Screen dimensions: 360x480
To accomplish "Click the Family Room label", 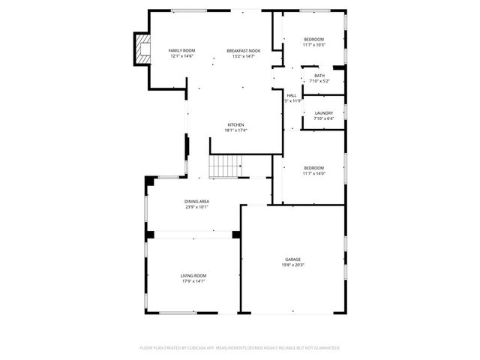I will pos(181,50).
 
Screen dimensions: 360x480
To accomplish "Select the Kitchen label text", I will pos(235,124).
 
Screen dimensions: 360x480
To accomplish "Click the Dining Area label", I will pos(196,201).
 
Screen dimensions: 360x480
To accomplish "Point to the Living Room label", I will pos(193,275).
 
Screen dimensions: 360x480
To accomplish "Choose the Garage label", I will pos(292,259).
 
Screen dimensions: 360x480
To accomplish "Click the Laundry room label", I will pos(323,113).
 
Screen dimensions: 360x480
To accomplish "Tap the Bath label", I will pos(319,76).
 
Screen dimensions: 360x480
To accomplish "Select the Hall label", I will pos(292,95).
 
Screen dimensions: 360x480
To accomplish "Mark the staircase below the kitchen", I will pos(224,166).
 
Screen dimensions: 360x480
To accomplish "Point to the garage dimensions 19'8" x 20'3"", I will pos(292,265).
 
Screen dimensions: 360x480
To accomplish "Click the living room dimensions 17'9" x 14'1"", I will pos(193,281).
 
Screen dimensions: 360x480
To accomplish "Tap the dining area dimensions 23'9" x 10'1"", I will pos(196,207).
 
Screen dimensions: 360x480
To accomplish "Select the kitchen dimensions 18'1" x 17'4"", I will pos(235,130).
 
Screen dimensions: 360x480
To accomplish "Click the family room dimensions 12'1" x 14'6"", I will pos(181,56).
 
